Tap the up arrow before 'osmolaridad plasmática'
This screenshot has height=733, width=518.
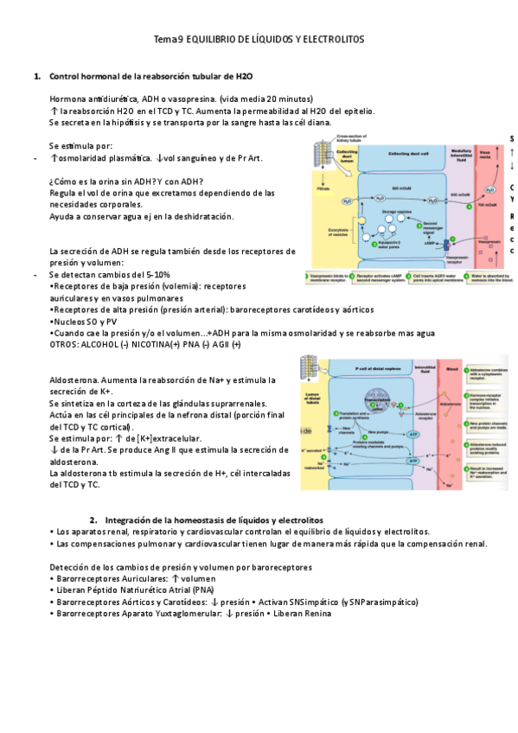coord(54,158)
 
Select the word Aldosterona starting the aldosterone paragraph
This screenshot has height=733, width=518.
coord(74,379)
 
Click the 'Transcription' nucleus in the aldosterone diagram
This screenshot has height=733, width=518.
coord(379,399)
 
